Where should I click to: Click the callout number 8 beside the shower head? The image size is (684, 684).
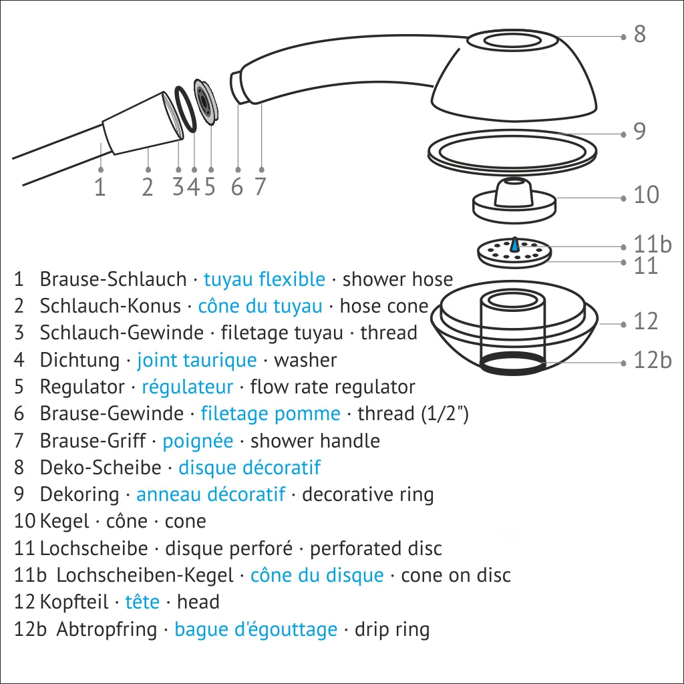click(639, 34)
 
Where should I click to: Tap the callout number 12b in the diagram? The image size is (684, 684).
click(651, 361)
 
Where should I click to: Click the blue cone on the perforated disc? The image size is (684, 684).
click(515, 245)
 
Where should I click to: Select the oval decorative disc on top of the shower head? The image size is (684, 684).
click(512, 41)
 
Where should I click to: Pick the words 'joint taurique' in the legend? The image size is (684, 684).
click(196, 360)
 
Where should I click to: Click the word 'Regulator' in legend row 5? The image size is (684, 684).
click(82, 387)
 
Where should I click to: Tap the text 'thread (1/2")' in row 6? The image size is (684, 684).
click(413, 413)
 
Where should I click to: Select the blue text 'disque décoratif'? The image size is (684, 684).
click(249, 468)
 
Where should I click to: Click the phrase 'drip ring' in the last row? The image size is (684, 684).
click(392, 629)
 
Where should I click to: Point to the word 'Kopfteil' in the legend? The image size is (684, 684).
click(74, 602)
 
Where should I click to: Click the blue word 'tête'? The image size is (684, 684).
click(142, 602)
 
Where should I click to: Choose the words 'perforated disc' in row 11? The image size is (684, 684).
click(375, 548)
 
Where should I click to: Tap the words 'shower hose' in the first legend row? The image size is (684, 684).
click(397, 279)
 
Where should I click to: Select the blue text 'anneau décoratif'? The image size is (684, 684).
click(210, 494)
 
